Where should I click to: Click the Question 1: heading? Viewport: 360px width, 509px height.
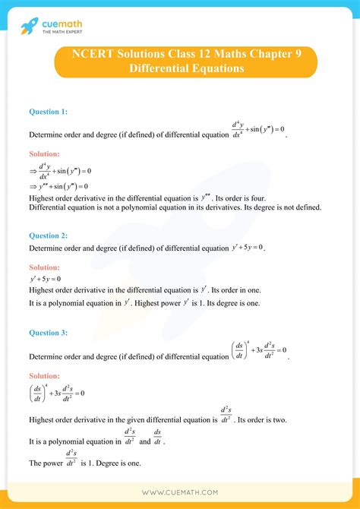tap(48, 112)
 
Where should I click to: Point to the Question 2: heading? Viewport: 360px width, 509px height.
tap(48, 236)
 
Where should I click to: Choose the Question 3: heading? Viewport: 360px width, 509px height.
tap(48, 333)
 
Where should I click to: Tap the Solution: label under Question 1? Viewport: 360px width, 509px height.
tap(44, 153)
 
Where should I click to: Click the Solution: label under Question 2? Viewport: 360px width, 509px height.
tap(44, 267)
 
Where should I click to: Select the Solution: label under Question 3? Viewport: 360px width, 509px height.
tap(44, 375)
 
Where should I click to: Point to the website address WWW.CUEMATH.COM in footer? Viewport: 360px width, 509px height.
tap(179, 492)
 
